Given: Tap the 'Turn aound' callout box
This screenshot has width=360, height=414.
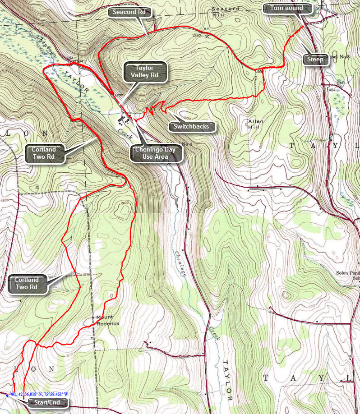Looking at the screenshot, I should click(x=286, y=8).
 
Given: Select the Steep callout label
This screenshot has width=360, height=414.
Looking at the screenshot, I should click(x=315, y=60).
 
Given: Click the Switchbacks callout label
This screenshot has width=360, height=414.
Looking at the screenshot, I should click(x=191, y=126).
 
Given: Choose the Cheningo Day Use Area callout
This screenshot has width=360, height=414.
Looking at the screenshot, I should click(x=157, y=153).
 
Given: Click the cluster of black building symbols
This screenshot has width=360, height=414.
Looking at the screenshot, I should click(x=123, y=120).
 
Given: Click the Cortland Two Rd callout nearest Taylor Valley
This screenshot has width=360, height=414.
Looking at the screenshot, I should click(x=44, y=153).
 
